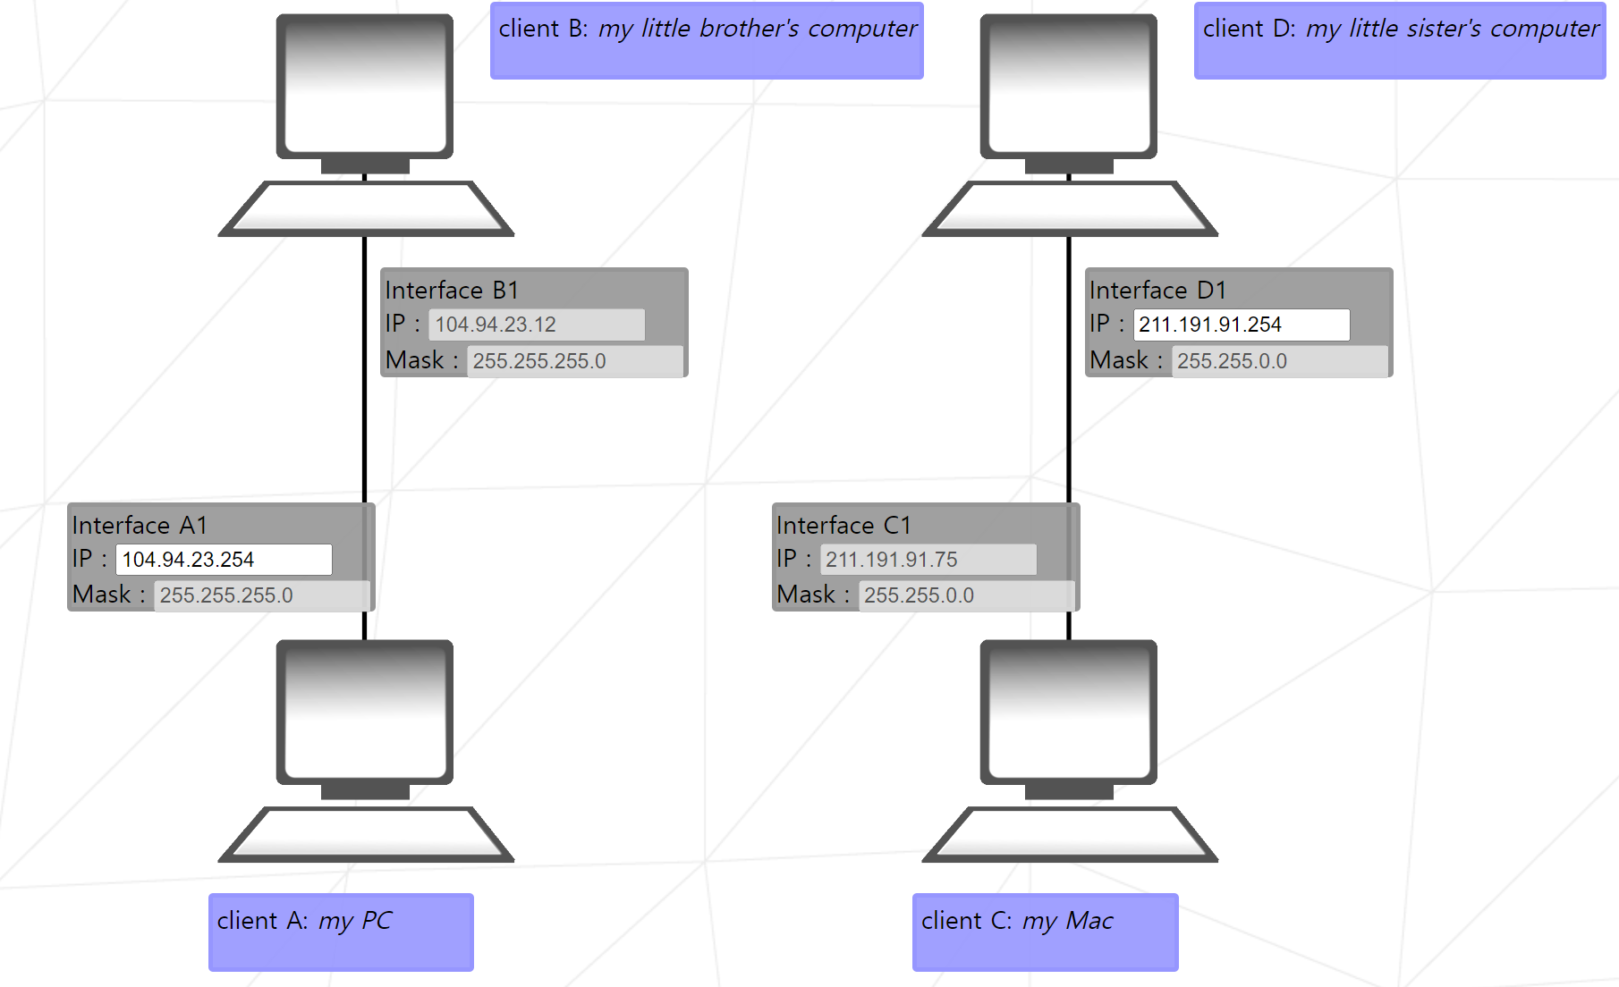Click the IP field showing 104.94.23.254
[224, 560]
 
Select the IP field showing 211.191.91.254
[1241, 325]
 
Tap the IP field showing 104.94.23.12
[536, 325]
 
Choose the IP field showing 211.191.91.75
[928, 560]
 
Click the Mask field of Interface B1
[574, 361]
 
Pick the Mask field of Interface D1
[1279, 361]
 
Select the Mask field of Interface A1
[261, 595]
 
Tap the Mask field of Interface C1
[966, 595]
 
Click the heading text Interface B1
[452, 291]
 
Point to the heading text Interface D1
[1157, 291]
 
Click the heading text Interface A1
[140, 526]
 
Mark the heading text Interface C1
[843, 526]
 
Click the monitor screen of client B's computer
[364, 86]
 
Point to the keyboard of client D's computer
[1070, 208]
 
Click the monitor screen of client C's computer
[1068, 712]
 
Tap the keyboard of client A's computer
[366, 834]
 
